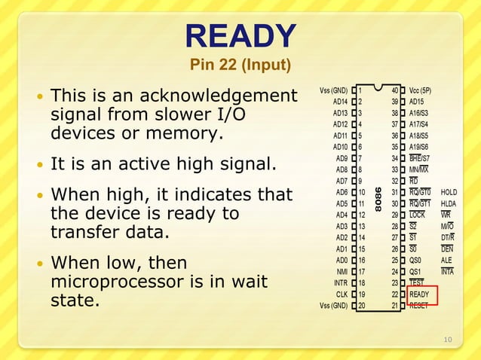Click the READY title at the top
pos(240,35)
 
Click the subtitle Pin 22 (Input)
pos(240,66)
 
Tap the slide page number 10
pos(448,340)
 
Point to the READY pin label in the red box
pos(419,294)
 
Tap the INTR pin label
pos(340,282)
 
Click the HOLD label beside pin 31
pos(449,192)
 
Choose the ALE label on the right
pos(447,260)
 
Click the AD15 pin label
pos(417,102)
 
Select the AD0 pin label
pos(341,260)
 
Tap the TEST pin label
pos(418,282)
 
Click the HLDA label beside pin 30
pos(449,203)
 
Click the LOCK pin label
pos(417,215)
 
